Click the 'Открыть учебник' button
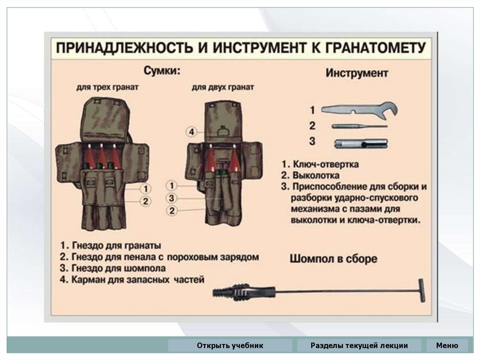230,346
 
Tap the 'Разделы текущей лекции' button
359,346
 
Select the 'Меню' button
447,346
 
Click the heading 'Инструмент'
357,73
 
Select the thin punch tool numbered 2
359,126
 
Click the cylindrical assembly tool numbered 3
360,143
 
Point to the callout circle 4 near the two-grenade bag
191,132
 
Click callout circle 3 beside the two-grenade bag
172,198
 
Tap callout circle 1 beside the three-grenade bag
146,189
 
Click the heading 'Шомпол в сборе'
334,259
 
